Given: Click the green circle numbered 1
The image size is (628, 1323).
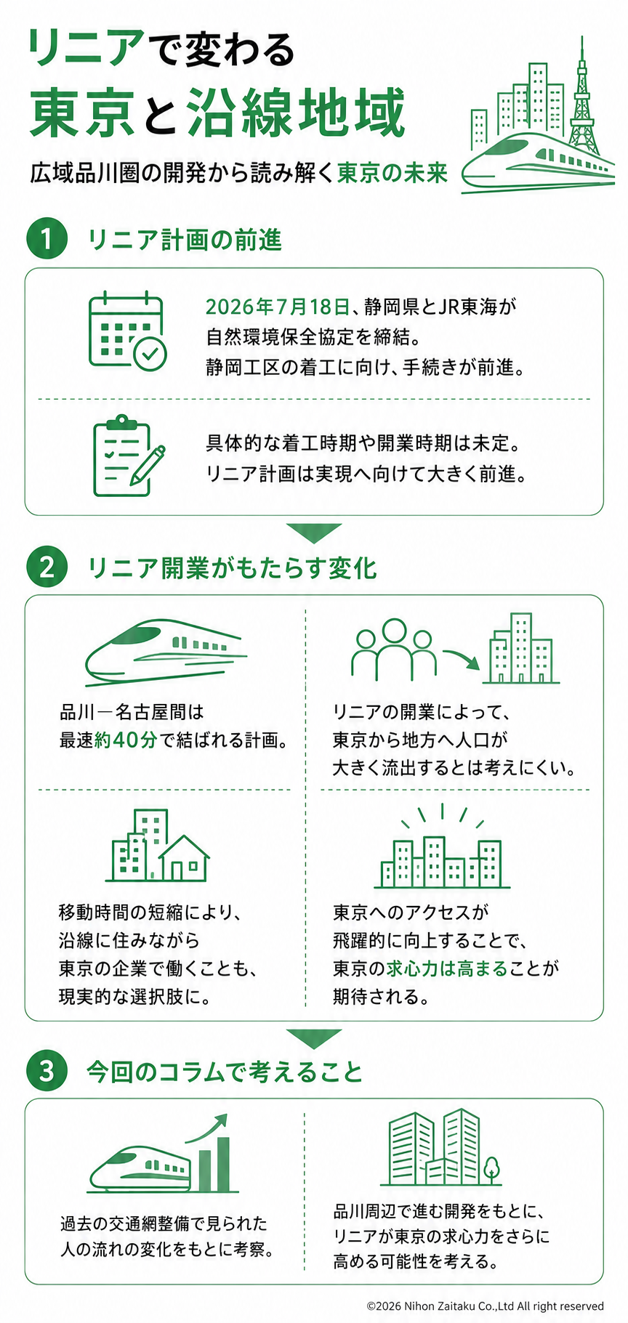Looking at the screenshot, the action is pos(47,239).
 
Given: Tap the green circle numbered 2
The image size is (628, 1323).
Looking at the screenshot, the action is pos(47,567).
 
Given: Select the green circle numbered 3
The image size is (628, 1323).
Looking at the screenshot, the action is pos(47,1071).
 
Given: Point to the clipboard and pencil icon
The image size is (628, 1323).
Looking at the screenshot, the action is pos(129,456).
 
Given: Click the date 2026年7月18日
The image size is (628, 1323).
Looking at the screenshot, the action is pos(278,307).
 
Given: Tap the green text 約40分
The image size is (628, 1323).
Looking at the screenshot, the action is pos(126,740).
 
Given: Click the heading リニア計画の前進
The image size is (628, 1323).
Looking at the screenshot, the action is pos(185,240).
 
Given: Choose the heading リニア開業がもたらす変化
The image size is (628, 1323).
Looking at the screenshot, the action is pos(233,567).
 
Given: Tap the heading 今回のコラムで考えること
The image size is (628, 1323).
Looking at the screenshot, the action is pos(225,1072).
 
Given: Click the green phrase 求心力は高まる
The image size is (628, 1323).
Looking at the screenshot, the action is pos(447,968).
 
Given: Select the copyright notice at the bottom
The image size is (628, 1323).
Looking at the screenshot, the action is pos(485,1306).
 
